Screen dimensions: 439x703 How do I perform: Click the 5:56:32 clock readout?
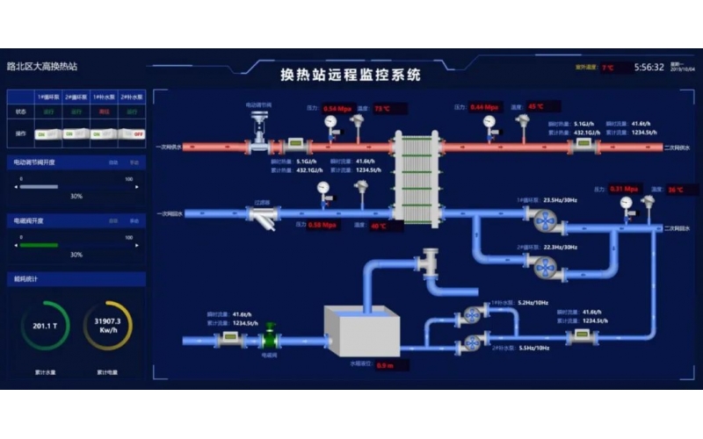pyautogui.click(x=649, y=67)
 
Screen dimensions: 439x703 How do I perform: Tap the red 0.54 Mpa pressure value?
pyautogui.click(x=337, y=108)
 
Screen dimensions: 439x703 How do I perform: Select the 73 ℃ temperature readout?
pyautogui.click(x=382, y=108)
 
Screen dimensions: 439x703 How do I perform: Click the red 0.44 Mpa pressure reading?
pyautogui.click(x=484, y=107)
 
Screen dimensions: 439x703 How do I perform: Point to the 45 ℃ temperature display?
pyautogui.click(x=537, y=107)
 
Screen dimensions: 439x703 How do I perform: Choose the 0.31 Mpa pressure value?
pyautogui.click(x=623, y=189)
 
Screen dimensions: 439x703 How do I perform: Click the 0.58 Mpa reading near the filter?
pyautogui.click(x=323, y=225)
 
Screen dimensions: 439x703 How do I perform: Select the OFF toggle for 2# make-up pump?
pyautogui.click(x=132, y=133)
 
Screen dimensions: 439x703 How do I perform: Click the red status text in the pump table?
pyautogui.click(x=104, y=112)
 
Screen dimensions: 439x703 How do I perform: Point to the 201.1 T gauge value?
pyautogui.click(x=45, y=325)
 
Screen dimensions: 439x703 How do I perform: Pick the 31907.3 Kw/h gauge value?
pyautogui.click(x=107, y=325)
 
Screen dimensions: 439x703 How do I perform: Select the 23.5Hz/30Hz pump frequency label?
pyautogui.click(x=561, y=200)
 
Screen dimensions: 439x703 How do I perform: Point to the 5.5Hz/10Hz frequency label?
pyautogui.click(x=533, y=348)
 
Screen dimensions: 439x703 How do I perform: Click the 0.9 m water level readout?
pyautogui.click(x=385, y=364)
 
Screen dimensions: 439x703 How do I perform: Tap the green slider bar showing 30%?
pyautogui.click(x=39, y=245)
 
